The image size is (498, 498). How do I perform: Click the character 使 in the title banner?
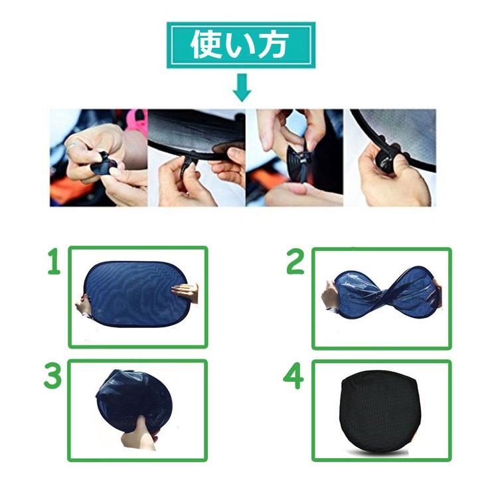pyautogui.click(x=207, y=45)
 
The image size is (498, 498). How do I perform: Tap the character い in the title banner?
pyautogui.click(x=240, y=46)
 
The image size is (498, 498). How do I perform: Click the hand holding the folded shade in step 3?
pyautogui.click(x=137, y=435)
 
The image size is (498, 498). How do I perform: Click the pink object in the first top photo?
pyautogui.click(x=136, y=122)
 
